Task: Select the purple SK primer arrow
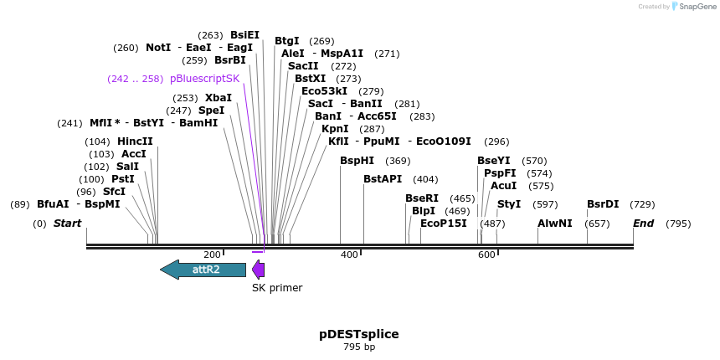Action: click(x=259, y=270)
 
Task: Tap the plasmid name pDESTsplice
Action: click(x=359, y=334)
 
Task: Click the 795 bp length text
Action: click(x=359, y=347)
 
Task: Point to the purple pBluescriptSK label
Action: click(x=204, y=79)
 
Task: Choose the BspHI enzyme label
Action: click(x=357, y=161)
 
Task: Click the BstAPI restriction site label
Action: click(x=383, y=179)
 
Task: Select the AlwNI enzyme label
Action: click(x=555, y=224)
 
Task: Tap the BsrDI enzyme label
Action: click(x=603, y=204)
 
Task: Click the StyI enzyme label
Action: click(x=509, y=204)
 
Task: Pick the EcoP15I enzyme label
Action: click(x=444, y=224)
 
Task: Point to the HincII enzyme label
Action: click(x=135, y=141)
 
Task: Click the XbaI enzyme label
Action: click(x=219, y=98)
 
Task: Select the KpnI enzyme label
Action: click(x=335, y=129)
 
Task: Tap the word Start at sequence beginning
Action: click(x=67, y=224)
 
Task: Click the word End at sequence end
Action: click(x=643, y=224)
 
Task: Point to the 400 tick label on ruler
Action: click(x=349, y=254)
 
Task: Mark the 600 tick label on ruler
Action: click(x=486, y=254)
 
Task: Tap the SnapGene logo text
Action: click(x=696, y=7)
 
